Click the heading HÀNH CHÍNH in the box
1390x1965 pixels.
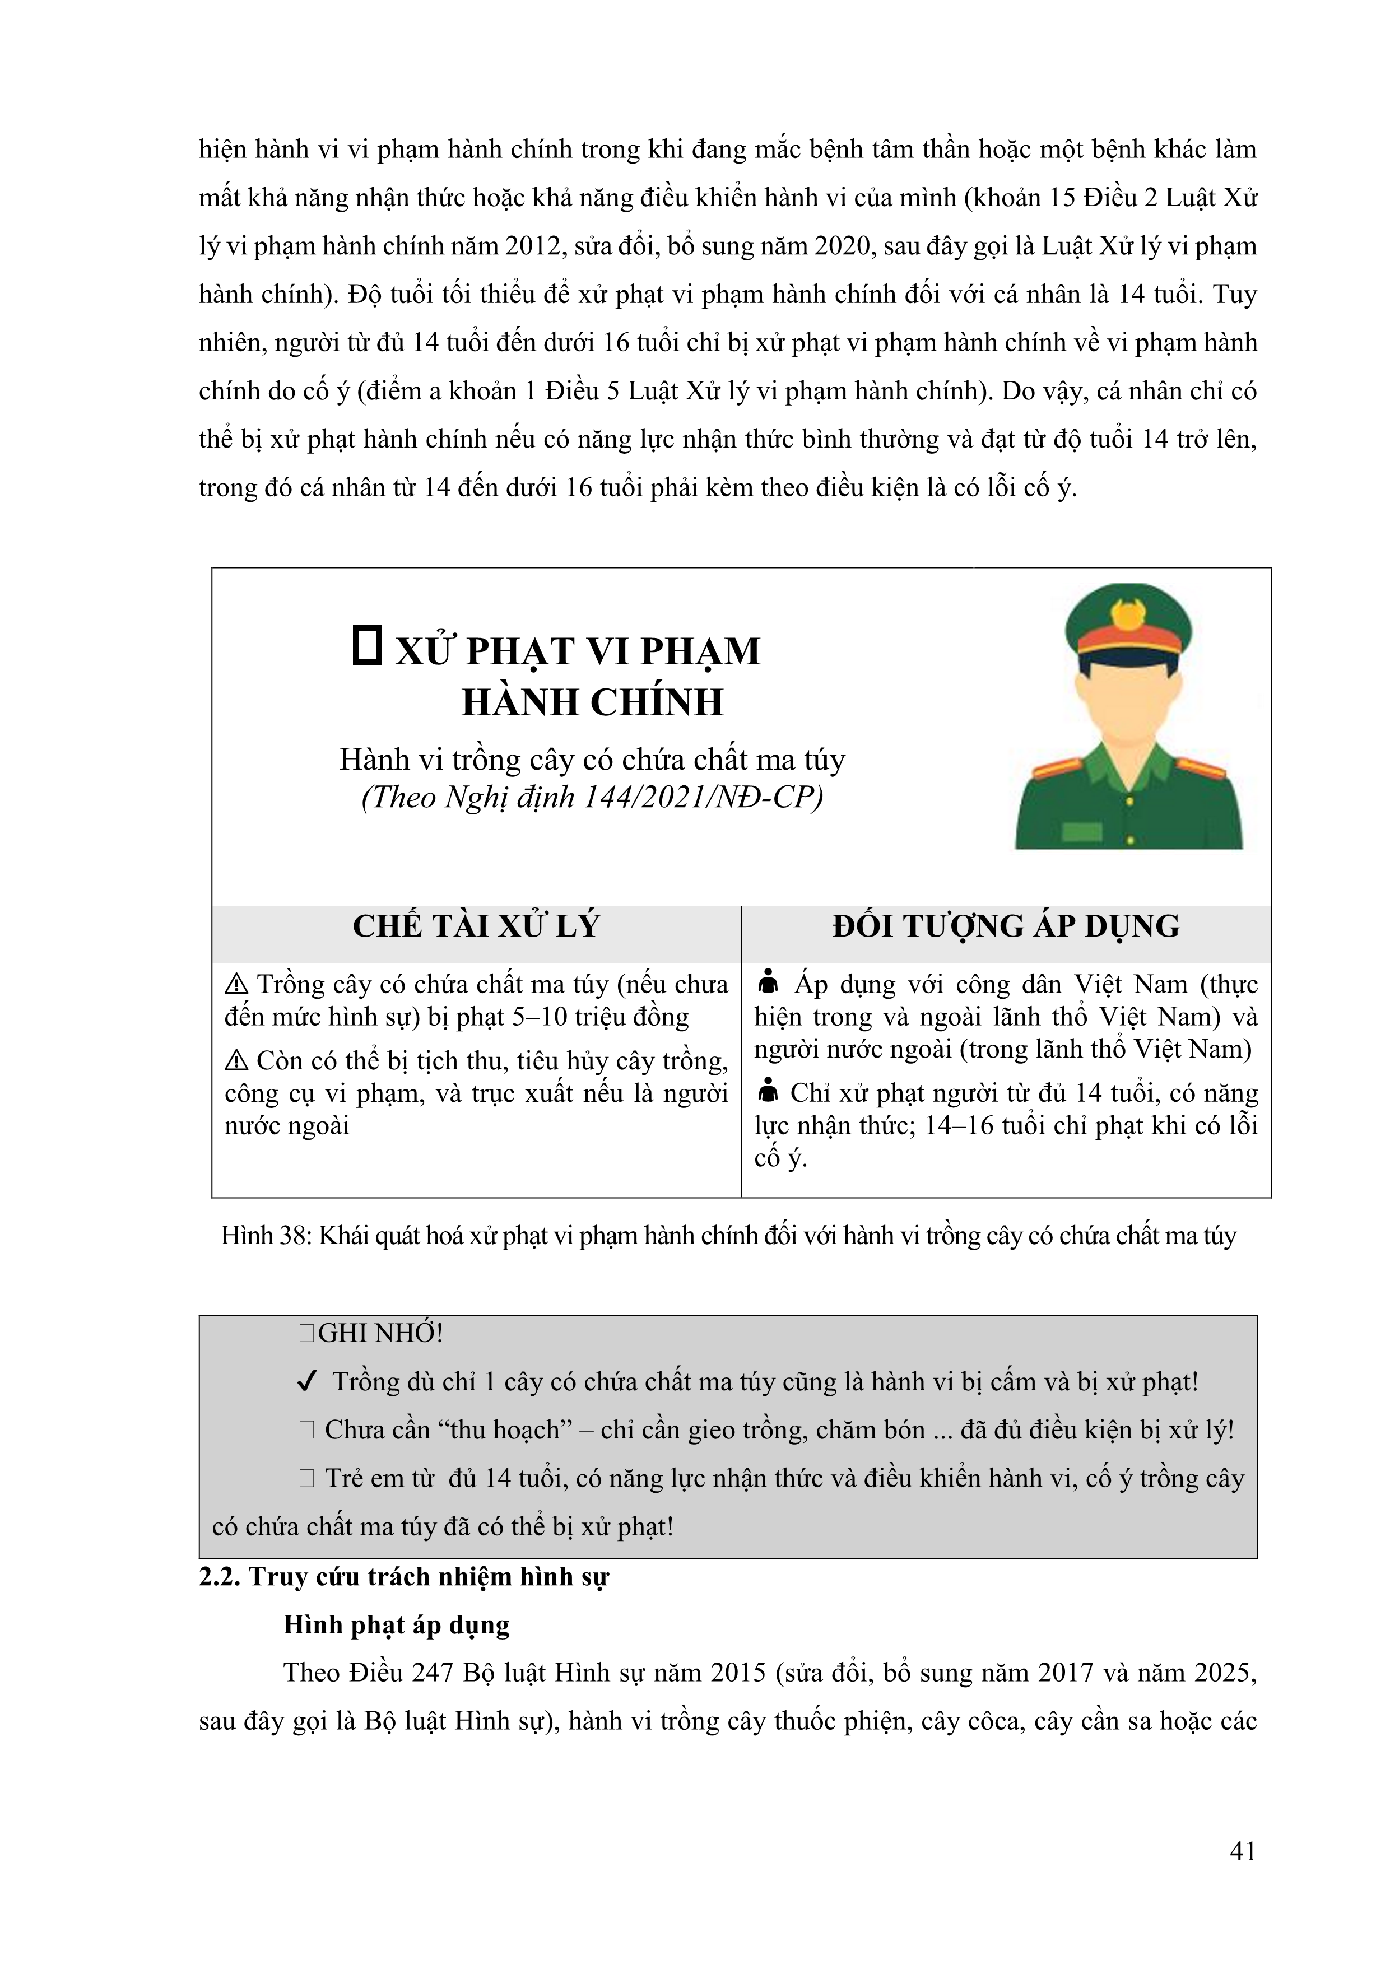point(592,702)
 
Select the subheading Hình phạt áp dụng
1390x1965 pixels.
point(396,1625)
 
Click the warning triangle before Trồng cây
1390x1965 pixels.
point(235,985)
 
